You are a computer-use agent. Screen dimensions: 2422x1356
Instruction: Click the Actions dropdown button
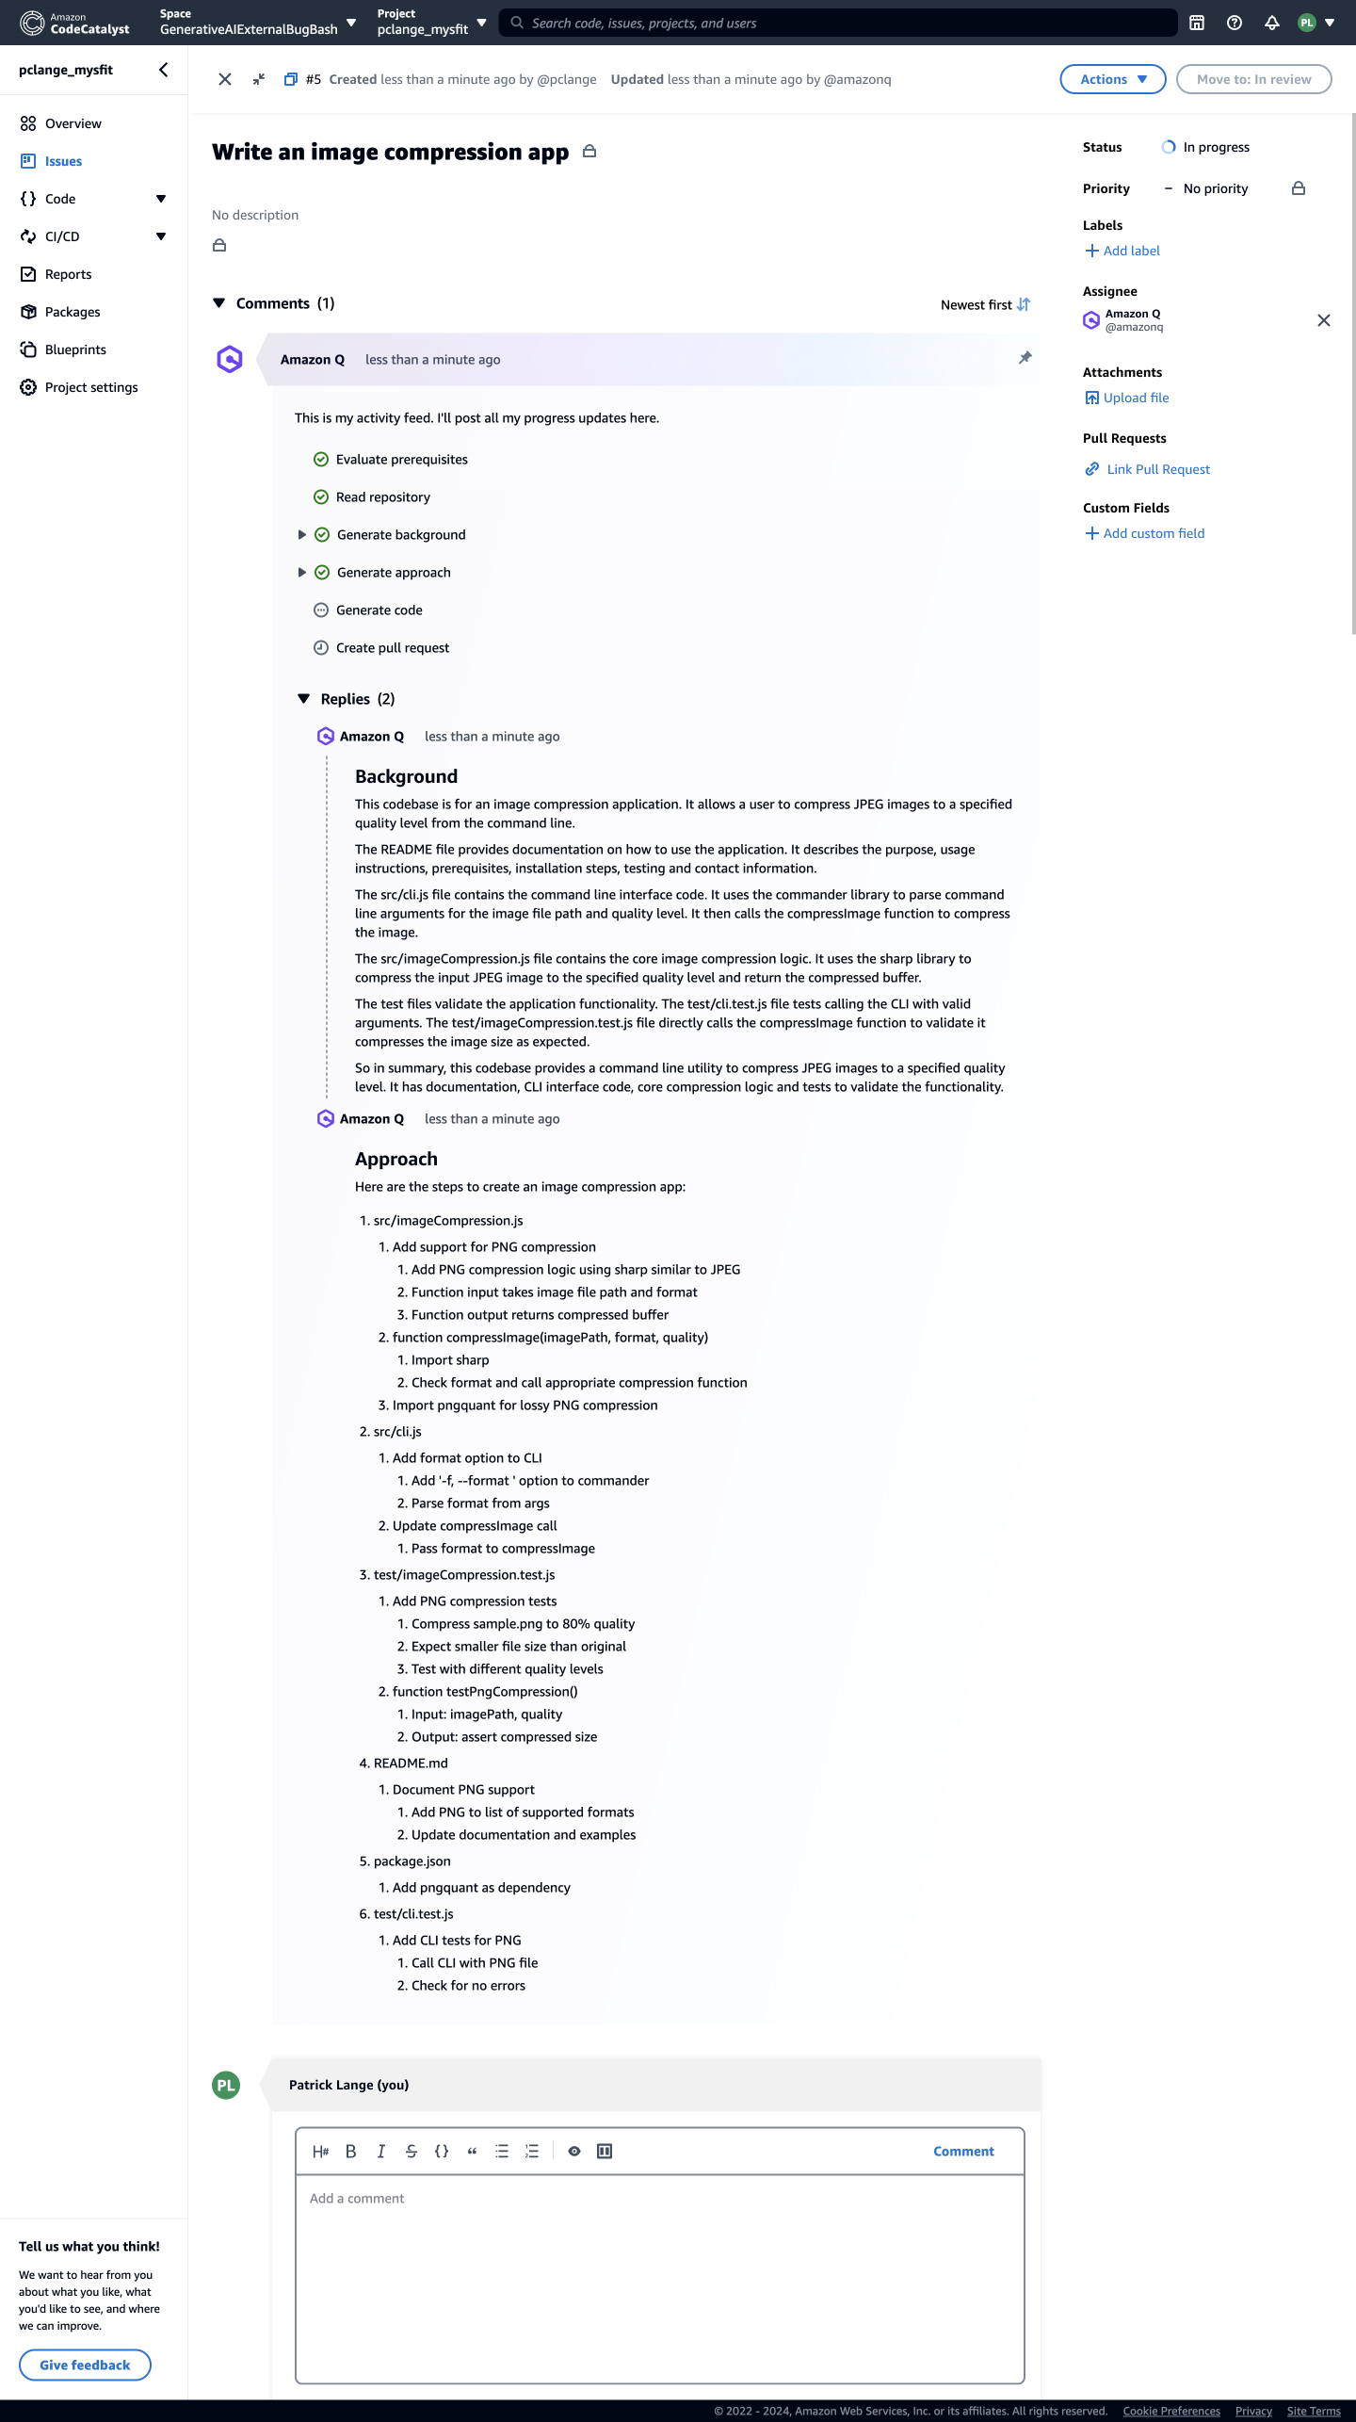point(1112,79)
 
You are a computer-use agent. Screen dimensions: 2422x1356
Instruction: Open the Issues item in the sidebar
point(63,161)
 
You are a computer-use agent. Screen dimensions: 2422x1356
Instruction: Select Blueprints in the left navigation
point(75,349)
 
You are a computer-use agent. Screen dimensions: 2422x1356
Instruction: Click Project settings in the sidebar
point(90,387)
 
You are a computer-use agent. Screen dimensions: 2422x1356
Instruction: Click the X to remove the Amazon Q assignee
point(1323,320)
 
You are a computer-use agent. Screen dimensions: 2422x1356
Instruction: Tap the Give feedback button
point(85,2365)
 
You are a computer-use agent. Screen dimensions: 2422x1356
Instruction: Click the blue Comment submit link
point(963,2151)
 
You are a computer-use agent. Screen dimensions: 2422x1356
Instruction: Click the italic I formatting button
point(381,2151)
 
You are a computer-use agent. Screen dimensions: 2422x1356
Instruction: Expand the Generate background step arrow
point(301,535)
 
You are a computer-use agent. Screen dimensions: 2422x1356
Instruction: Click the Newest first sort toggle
point(985,305)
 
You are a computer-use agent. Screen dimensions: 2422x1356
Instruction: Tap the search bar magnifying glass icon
point(517,23)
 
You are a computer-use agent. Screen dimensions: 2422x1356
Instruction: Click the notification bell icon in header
point(1271,23)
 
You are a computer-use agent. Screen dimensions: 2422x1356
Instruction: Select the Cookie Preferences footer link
point(1170,2411)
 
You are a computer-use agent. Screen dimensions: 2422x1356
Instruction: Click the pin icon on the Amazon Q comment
point(1025,358)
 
